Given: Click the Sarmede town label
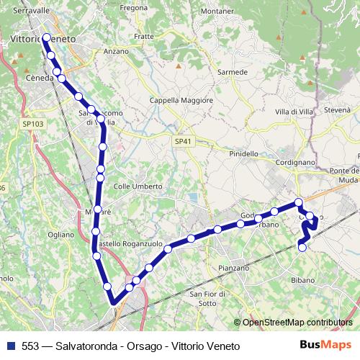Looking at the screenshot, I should click(232, 72).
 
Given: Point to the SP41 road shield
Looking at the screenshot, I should click(184, 142).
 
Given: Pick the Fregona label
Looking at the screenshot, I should click(134, 7).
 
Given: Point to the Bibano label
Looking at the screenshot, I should click(302, 279).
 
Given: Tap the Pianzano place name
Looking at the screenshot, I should click(233, 268).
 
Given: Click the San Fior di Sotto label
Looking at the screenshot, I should click(203, 298).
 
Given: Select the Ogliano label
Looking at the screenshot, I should click(60, 235).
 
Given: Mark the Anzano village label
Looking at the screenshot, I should click(116, 52).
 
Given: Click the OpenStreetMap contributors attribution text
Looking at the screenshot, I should click(297, 323).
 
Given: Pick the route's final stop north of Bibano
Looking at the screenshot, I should click(302, 248).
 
